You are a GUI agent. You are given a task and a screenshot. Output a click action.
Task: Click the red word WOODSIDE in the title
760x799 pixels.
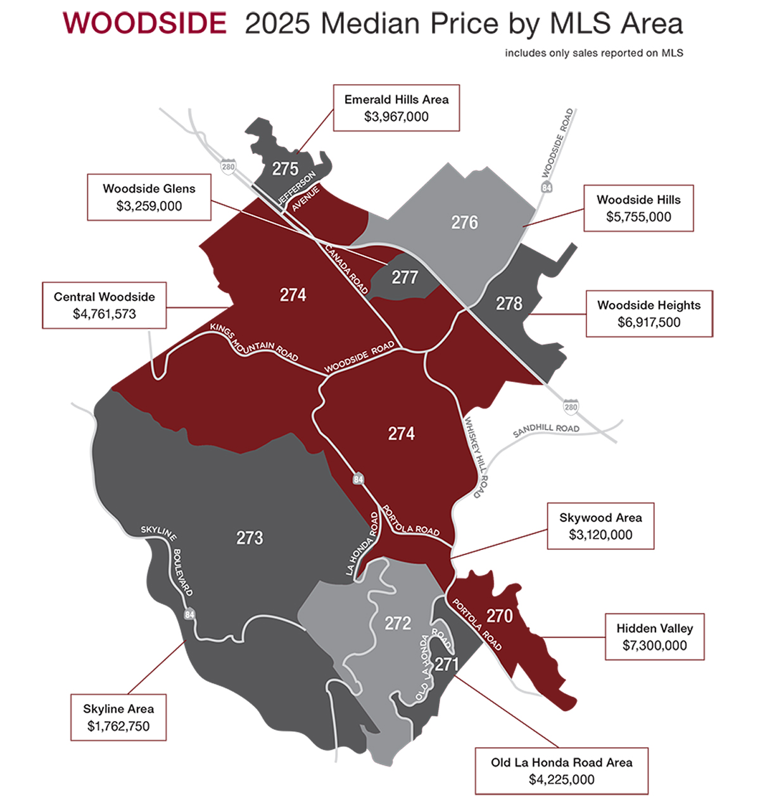pyautogui.click(x=144, y=24)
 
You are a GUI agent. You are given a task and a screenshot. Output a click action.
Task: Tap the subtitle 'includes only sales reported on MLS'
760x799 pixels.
pyautogui.click(x=593, y=53)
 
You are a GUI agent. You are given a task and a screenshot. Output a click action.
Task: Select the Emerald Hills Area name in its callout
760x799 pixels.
pyautogui.click(x=396, y=99)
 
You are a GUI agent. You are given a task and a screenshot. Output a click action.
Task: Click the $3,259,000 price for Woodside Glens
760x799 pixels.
pyautogui.click(x=149, y=206)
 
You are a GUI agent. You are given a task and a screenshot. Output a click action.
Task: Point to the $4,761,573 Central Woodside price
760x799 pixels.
pyautogui.click(x=104, y=314)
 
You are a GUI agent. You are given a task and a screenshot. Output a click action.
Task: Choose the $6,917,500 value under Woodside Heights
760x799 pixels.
pyautogui.click(x=649, y=322)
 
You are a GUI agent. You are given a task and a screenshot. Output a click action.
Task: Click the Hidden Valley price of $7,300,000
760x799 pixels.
pyautogui.click(x=654, y=646)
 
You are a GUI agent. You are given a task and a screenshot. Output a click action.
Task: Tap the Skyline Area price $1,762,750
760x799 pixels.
pyautogui.click(x=118, y=726)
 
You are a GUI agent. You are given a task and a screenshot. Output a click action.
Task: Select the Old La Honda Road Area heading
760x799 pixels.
pyautogui.click(x=561, y=762)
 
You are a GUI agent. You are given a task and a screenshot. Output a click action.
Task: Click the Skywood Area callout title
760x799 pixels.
pyautogui.click(x=600, y=518)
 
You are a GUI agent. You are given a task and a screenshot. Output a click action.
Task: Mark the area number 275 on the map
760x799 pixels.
pyautogui.click(x=285, y=169)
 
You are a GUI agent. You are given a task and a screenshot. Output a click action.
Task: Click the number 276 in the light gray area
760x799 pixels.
pyautogui.click(x=464, y=222)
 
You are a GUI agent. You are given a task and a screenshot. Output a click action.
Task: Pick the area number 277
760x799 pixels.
pyautogui.click(x=404, y=278)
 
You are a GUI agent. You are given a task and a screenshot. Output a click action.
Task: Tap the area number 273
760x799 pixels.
pyautogui.click(x=250, y=538)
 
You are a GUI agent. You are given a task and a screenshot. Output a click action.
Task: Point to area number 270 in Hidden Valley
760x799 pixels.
pyautogui.click(x=499, y=616)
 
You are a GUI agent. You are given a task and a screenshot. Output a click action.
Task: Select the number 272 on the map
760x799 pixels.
pyautogui.click(x=398, y=623)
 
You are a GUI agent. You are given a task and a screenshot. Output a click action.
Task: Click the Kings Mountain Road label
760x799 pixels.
pyautogui.click(x=253, y=342)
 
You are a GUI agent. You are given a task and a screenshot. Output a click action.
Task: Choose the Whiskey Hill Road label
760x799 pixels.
pyautogui.click(x=476, y=456)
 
